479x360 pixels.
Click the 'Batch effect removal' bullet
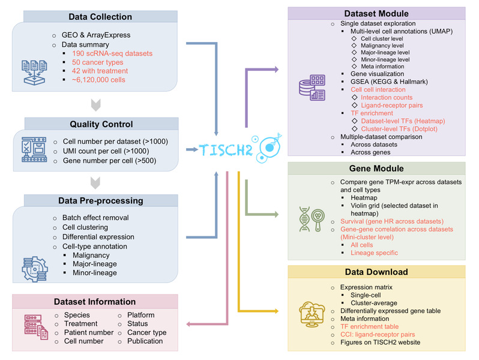click(x=95, y=217)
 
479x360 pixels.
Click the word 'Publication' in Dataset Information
click(x=145, y=341)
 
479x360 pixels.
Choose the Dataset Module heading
click(x=376, y=13)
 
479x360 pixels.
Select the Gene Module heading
click(x=376, y=169)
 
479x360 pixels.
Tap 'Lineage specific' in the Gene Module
click(x=374, y=253)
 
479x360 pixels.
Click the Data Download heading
click(x=376, y=272)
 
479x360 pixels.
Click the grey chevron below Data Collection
click(x=98, y=106)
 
